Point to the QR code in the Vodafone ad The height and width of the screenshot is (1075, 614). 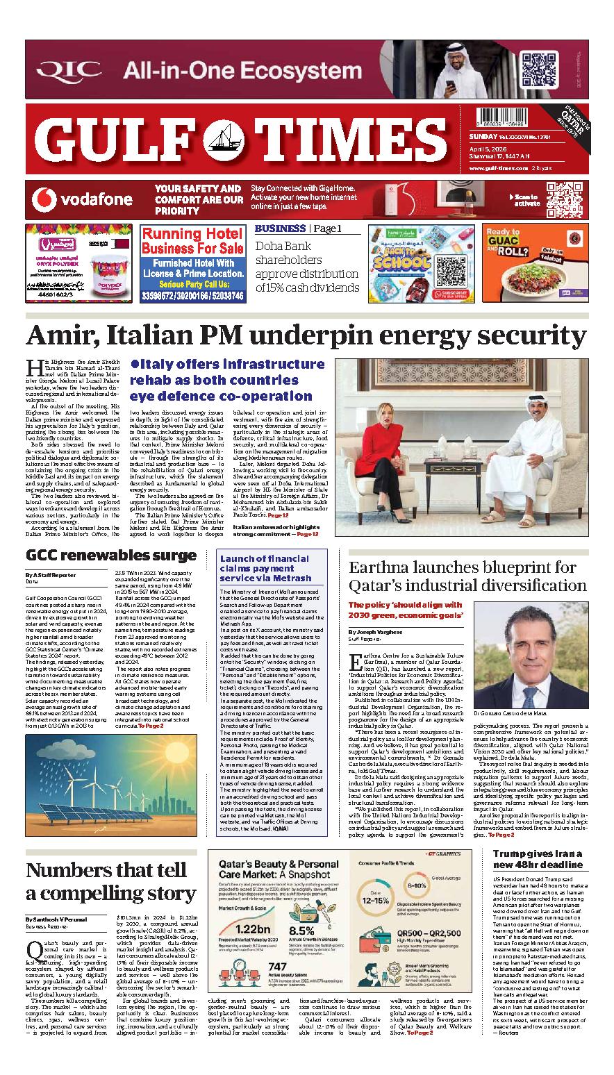coord(563,199)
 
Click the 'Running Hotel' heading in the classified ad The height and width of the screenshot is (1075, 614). coord(192,235)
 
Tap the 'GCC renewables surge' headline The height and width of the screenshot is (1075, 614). coord(110,556)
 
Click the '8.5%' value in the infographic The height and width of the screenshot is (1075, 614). coord(302,931)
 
